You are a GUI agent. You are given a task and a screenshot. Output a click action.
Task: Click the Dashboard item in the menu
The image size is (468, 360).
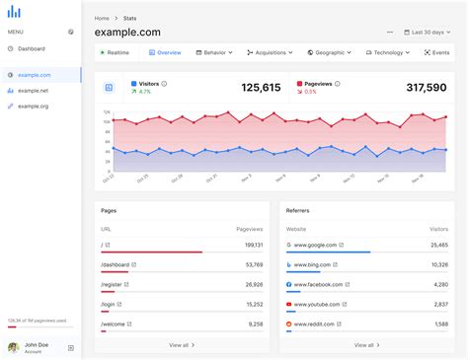click(32, 48)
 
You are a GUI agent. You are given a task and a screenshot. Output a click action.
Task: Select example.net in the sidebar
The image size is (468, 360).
click(34, 90)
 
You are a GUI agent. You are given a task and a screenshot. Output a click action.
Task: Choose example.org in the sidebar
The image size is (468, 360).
click(34, 106)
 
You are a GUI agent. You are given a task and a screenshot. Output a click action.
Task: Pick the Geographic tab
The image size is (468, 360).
click(332, 52)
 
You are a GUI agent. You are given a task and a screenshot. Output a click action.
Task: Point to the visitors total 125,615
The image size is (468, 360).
click(261, 88)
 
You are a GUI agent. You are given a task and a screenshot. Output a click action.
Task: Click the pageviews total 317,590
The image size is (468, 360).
click(427, 88)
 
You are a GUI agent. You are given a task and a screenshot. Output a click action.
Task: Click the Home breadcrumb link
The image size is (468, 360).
click(102, 18)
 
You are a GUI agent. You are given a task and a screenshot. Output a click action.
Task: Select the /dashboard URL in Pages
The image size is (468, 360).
click(117, 264)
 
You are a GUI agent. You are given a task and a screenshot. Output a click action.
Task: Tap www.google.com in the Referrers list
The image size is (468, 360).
click(315, 245)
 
